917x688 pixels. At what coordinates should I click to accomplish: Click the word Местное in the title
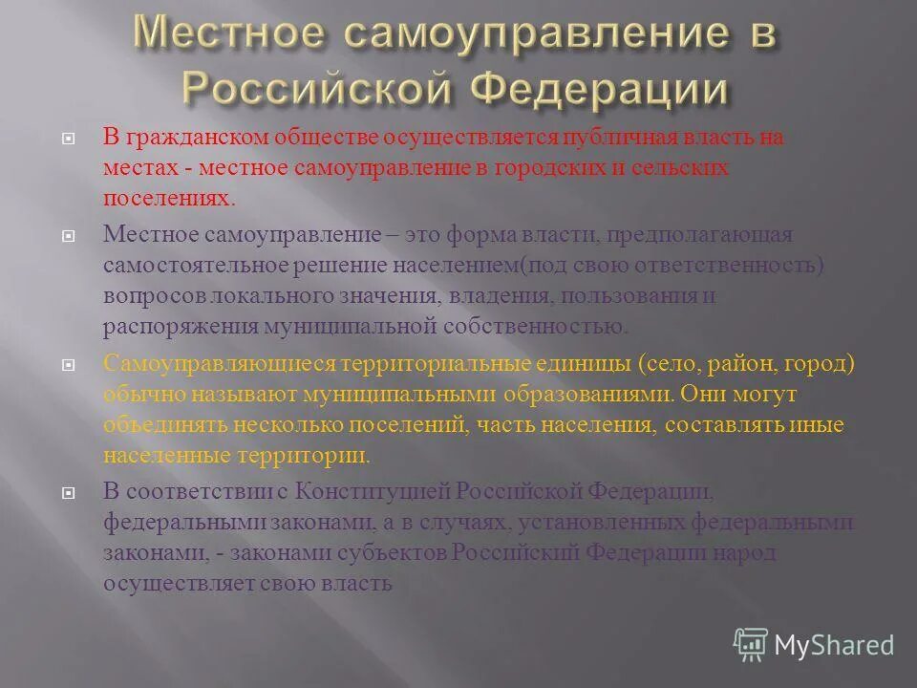[228, 35]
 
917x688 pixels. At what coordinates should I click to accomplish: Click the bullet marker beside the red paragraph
[69, 139]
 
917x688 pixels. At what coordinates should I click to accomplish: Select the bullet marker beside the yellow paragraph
[69, 365]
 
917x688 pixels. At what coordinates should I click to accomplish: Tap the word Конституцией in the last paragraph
[374, 492]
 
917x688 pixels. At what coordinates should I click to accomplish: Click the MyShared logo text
[834, 645]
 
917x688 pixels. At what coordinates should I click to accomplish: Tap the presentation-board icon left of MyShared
[751, 646]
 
